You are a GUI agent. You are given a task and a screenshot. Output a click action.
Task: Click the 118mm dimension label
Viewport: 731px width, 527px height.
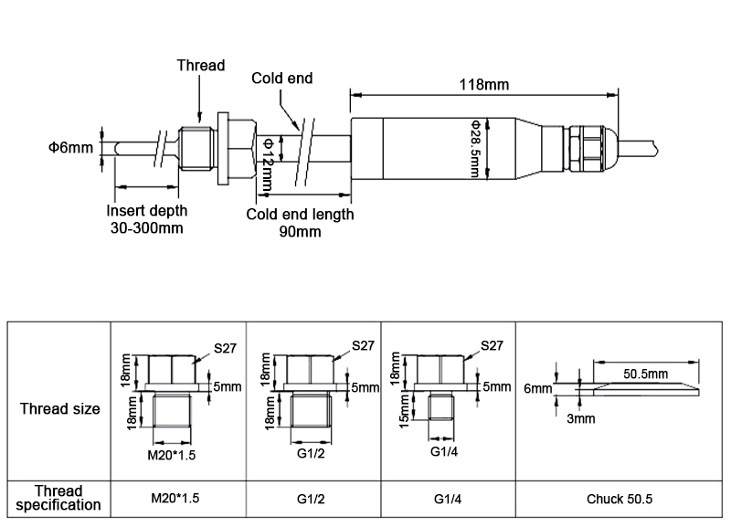(484, 85)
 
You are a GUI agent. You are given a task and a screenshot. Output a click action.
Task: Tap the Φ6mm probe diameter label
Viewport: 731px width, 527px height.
(70, 147)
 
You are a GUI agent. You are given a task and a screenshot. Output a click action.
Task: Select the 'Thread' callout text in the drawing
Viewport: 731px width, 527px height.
(200, 66)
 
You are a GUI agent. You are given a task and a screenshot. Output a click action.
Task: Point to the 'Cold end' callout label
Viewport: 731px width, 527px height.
(282, 79)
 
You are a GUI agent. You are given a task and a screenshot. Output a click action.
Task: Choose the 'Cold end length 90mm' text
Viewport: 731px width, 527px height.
(300, 223)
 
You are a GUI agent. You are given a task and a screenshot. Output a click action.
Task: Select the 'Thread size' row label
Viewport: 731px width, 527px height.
(60, 408)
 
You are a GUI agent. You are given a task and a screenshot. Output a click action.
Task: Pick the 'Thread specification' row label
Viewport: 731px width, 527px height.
(60, 498)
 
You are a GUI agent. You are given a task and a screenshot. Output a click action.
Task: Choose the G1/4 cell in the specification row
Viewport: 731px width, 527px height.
(449, 499)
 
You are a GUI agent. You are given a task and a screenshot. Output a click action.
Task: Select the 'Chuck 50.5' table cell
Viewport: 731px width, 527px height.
(619, 499)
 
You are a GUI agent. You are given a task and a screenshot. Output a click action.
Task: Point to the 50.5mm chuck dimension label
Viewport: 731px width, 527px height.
(646, 374)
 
